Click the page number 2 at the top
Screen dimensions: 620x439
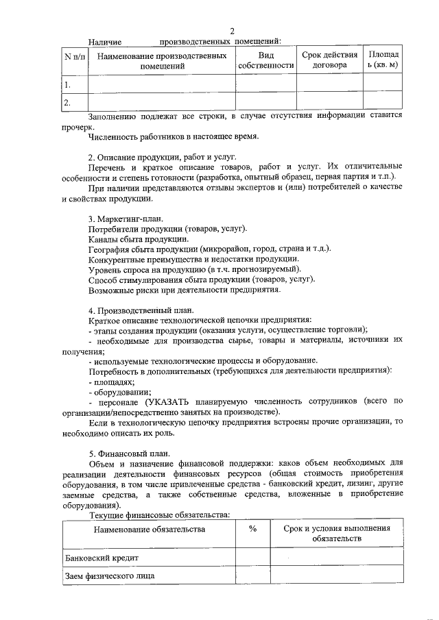(x=232, y=31)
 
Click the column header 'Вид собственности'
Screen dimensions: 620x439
(x=265, y=60)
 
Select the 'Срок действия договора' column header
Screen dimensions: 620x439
(x=329, y=60)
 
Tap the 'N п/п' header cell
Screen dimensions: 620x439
(x=74, y=55)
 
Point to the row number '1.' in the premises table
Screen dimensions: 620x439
(x=67, y=85)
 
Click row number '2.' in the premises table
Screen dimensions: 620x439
(x=67, y=103)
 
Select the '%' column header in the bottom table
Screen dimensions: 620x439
(x=252, y=529)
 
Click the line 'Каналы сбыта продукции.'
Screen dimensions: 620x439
(x=139, y=238)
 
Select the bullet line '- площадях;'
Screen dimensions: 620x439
(x=111, y=381)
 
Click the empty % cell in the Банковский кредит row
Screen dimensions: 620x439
(x=252, y=557)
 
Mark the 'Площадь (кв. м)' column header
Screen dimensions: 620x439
(x=382, y=60)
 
